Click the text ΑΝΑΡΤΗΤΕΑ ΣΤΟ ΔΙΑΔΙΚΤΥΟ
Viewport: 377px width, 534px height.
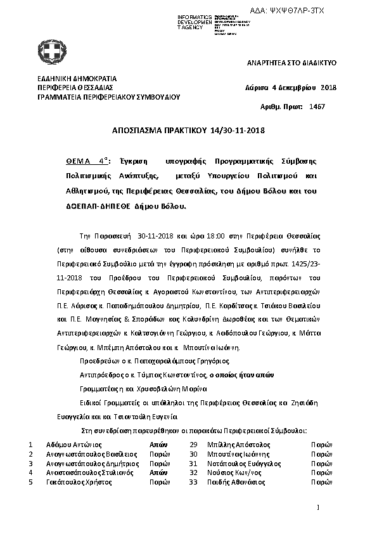(291, 63)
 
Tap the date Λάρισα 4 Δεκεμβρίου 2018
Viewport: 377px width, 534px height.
(290, 88)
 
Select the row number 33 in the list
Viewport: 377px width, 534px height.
(194, 482)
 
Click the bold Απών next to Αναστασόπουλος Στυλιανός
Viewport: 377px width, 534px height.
(158, 472)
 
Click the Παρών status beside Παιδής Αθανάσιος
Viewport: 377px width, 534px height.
(321, 482)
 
